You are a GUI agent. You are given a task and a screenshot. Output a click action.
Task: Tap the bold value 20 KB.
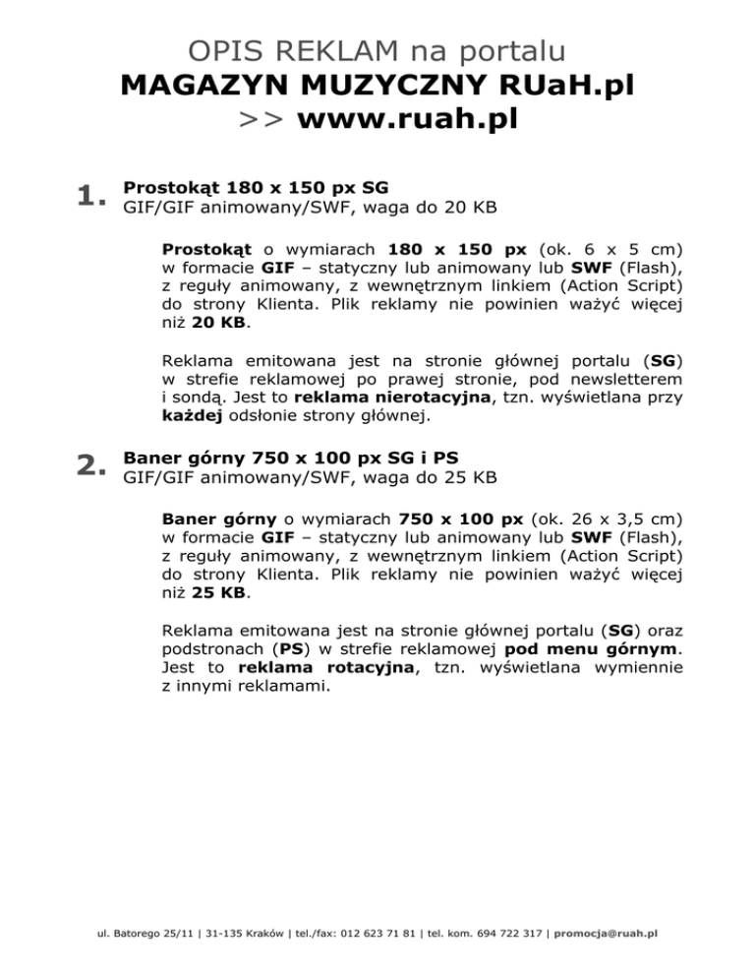pos(220,322)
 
